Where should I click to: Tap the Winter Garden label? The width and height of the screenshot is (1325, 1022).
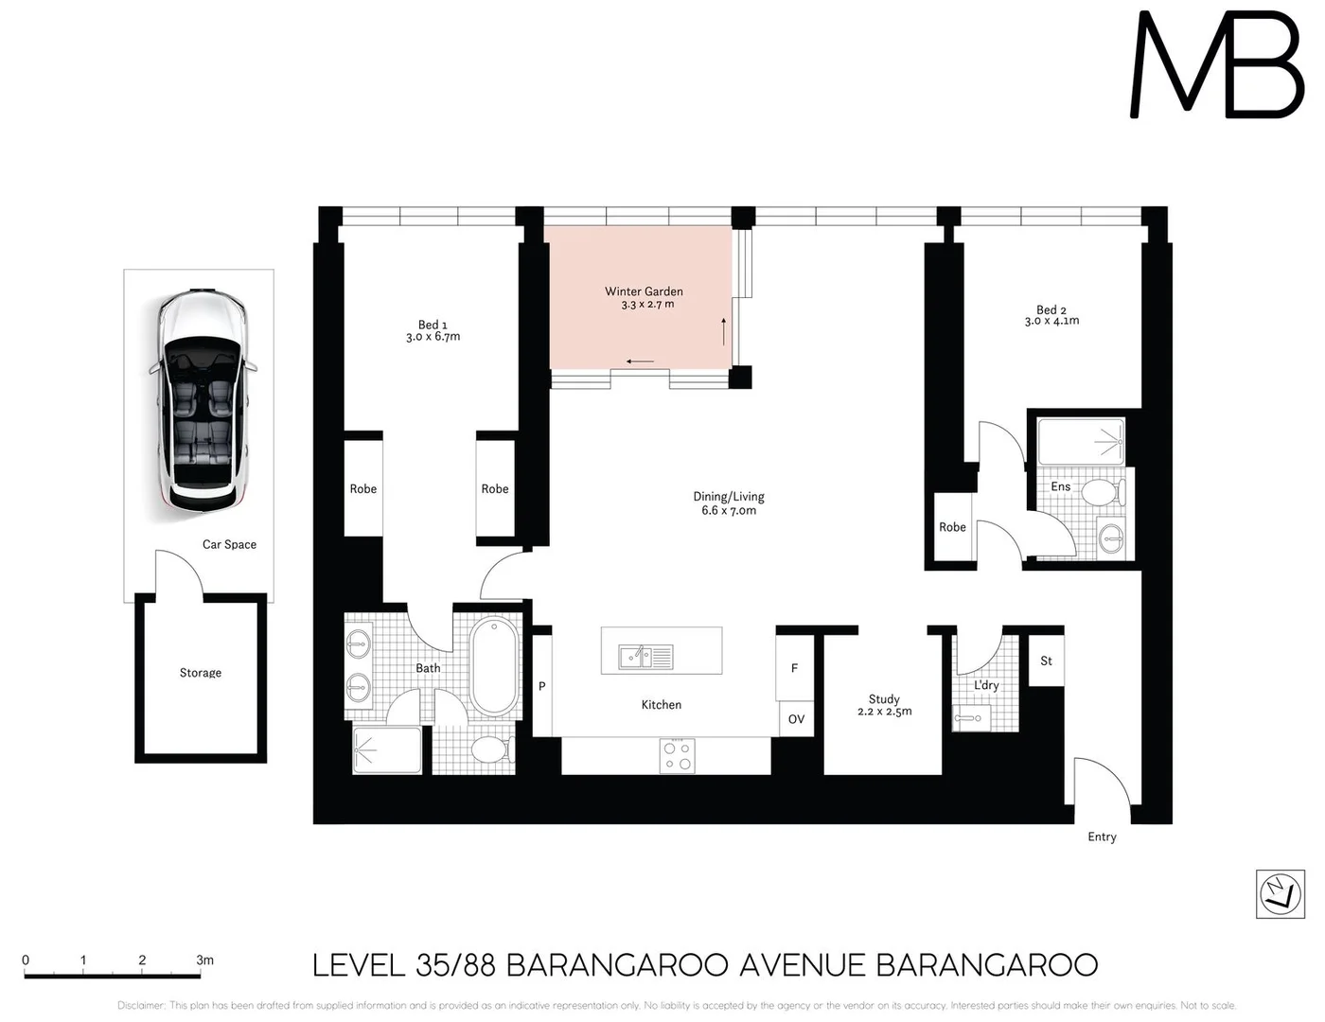click(x=644, y=291)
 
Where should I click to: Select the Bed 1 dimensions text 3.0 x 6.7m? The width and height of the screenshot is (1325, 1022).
click(x=433, y=337)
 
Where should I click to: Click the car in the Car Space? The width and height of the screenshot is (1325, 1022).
click(x=201, y=401)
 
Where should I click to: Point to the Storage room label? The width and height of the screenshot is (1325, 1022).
click(x=201, y=673)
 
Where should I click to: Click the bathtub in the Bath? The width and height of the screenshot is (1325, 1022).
click(x=494, y=666)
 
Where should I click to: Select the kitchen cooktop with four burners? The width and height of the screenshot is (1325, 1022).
click(x=678, y=755)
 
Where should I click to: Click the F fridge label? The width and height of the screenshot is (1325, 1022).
click(x=794, y=668)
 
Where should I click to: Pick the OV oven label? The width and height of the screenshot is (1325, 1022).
click(x=796, y=719)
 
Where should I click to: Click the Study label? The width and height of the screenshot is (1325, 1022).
click(x=884, y=699)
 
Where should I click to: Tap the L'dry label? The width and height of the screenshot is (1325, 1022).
click(x=986, y=685)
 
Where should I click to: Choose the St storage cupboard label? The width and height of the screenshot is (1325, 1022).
click(x=1046, y=661)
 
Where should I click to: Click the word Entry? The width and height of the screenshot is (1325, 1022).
click(x=1102, y=837)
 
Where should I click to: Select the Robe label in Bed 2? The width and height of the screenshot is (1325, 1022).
click(x=952, y=527)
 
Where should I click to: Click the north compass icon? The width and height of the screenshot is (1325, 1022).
click(x=1280, y=893)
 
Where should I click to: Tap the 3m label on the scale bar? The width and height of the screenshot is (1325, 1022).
click(x=204, y=960)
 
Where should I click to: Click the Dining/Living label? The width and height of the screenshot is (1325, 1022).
click(x=729, y=496)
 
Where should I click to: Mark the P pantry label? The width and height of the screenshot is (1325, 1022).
click(x=542, y=686)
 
